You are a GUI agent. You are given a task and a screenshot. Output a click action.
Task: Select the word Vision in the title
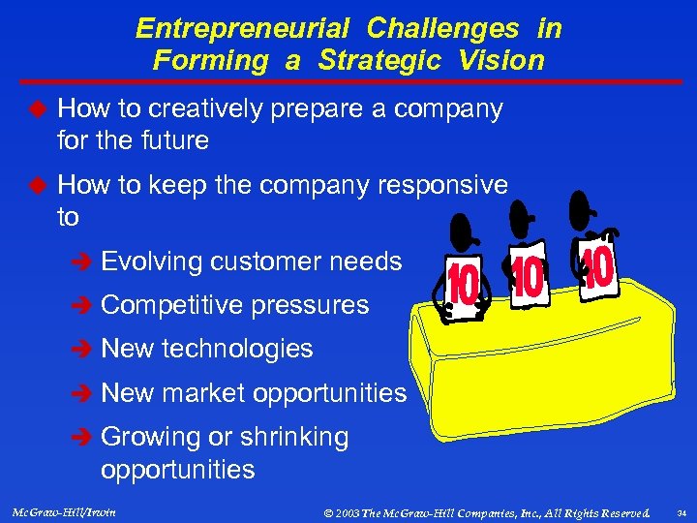pyautogui.click(x=501, y=60)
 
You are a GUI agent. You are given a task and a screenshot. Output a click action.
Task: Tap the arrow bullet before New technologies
pyautogui.click(x=84, y=350)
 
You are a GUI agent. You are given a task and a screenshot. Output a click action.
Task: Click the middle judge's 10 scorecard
pyautogui.click(x=527, y=279)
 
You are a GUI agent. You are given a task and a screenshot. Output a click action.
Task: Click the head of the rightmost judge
pyautogui.click(x=584, y=204)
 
